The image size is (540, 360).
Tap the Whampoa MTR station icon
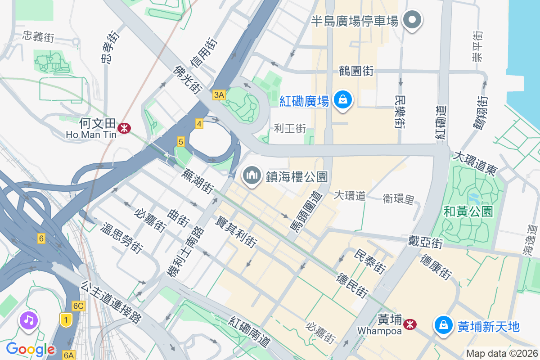[409, 324]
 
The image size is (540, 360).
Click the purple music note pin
[29, 321]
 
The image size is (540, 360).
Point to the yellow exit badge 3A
[219, 95]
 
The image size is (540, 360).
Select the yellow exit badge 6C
[78, 306]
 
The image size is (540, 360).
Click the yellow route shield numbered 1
[66, 320]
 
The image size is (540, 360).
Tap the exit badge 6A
[68, 355]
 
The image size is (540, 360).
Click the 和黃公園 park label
[468, 211]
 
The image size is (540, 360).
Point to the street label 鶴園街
[356, 71]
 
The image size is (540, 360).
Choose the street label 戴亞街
[426, 242]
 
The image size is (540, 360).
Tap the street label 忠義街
[38, 36]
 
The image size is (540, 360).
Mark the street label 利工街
[290, 129]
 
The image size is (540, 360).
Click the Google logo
[30, 349]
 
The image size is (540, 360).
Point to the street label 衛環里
[398, 198]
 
